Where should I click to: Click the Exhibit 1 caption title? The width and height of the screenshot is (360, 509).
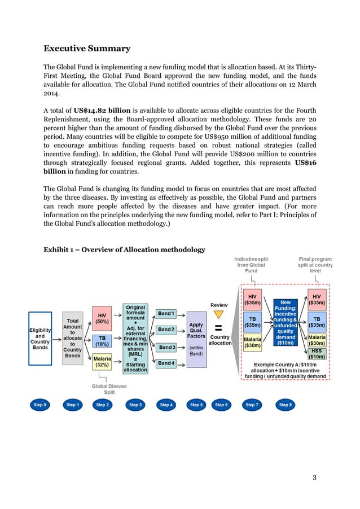pyautogui.click(x=124, y=249)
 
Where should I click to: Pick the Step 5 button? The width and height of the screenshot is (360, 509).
pyautogui.click(x=196, y=405)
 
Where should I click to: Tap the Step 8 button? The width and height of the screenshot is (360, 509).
pyautogui.click(x=286, y=405)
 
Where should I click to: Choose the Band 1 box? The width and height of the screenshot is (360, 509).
pyautogui.click(x=166, y=313)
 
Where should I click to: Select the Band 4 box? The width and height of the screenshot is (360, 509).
pyautogui.click(x=166, y=363)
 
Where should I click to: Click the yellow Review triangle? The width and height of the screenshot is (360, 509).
pyautogui.click(x=219, y=315)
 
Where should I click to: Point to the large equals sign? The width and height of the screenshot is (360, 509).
pyautogui.click(x=219, y=328)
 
